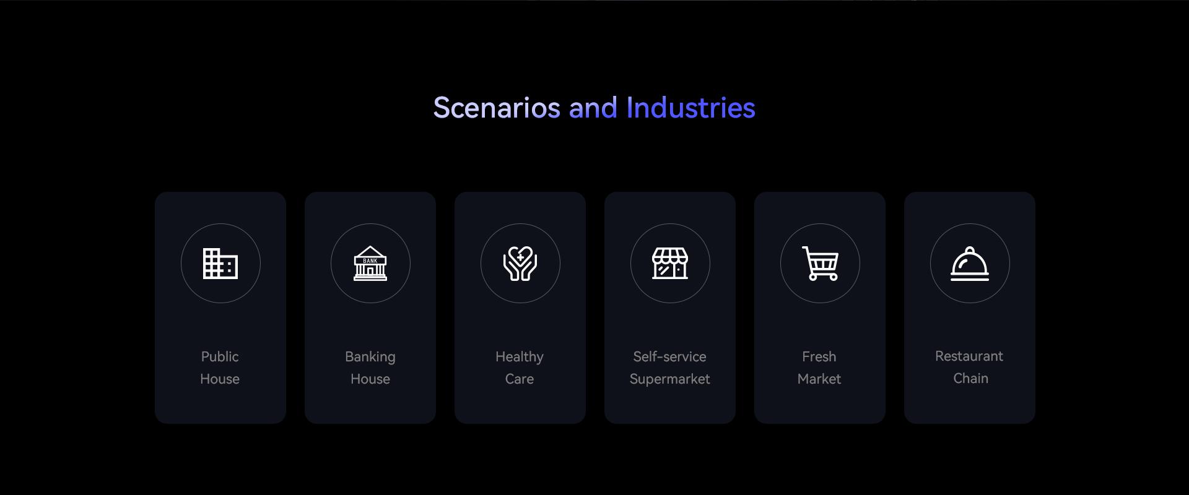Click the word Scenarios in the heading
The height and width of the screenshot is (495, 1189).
(x=497, y=108)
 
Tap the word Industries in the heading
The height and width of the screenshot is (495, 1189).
(x=690, y=108)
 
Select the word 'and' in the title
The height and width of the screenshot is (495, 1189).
(x=593, y=108)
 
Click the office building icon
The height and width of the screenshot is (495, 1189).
(x=220, y=263)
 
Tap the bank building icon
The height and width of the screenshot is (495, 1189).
(x=370, y=263)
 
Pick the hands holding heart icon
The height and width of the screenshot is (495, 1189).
(x=520, y=263)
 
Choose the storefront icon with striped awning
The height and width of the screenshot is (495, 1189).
(x=670, y=263)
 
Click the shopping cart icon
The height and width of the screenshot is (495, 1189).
(x=820, y=263)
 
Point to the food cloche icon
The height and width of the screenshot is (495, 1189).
(x=970, y=264)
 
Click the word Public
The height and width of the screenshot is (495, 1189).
(x=220, y=356)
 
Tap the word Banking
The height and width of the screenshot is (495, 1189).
(x=370, y=358)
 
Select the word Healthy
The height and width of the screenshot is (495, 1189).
(x=520, y=358)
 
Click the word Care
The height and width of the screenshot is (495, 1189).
(x=520, y=379)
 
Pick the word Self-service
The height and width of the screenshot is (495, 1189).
(x=669, y=356)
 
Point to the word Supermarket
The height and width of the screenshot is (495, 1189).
(x=670, y=379)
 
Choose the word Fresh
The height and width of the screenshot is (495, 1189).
(x=819, y=356)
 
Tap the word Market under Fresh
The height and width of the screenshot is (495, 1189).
(x=819, y=379)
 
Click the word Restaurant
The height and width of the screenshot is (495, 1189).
(x=969, y=356)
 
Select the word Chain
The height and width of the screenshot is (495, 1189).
(x=970, y=378)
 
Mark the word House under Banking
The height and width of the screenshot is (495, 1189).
(x=370, y=379)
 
